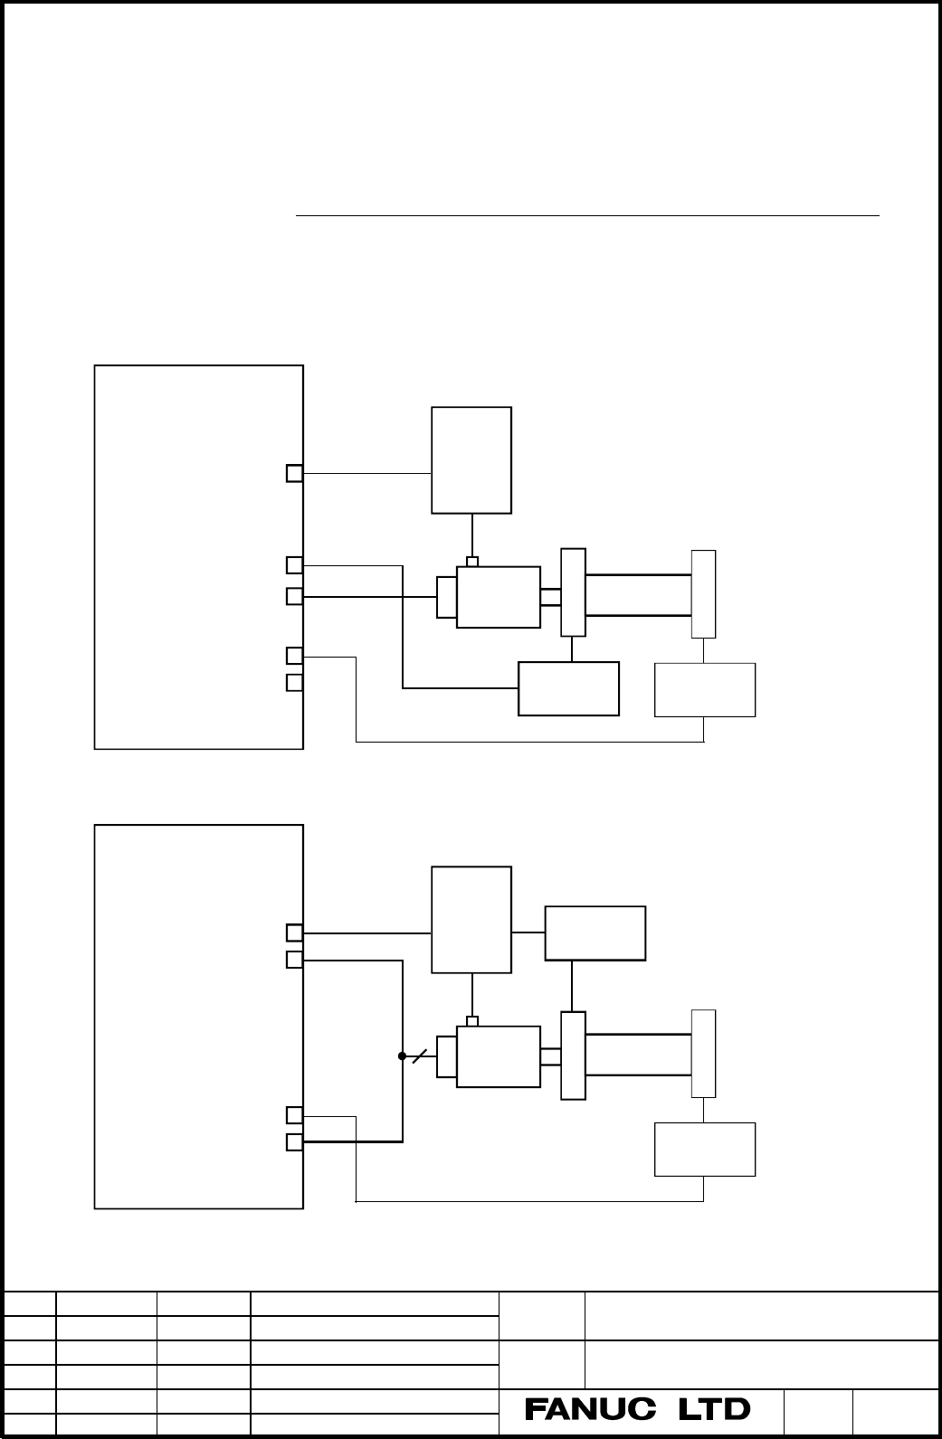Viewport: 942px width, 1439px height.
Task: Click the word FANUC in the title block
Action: (x=590, y=1409)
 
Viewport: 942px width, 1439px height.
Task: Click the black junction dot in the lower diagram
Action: (x=403, y=1056)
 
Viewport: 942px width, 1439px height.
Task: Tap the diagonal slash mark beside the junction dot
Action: (x=420, y=1056)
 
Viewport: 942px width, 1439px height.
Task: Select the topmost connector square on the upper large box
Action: (x=294, y=473)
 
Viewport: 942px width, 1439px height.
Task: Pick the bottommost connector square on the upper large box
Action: (x=294, y=682)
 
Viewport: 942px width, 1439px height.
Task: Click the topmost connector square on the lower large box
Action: (x=294, y=933)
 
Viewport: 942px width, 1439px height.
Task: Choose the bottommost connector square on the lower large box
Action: (x=294, y=1142)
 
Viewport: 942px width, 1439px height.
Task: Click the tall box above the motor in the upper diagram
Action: (x=471, y=460)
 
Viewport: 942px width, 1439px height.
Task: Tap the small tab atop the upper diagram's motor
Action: (x=472, y=562)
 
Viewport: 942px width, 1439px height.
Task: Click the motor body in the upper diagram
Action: (x=499, y=598)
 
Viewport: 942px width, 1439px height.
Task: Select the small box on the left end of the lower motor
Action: (x=447, y=1056)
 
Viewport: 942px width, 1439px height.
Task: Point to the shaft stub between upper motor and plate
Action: (x=551, y=598)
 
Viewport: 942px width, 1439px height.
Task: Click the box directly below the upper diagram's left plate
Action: (x=568, y=688)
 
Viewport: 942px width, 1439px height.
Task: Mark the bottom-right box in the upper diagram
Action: (x=705, y=690)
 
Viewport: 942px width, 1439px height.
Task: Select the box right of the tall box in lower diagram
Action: (x=595, y=933)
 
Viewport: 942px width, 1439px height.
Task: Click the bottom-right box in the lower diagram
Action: (x=705, y=1150)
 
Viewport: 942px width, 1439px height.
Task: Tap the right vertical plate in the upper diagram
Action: (x=704, y=594)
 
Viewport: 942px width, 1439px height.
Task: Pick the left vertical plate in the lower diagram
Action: (x=573, y=1056)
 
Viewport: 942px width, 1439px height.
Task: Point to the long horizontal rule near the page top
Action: (x=587, y=216)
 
